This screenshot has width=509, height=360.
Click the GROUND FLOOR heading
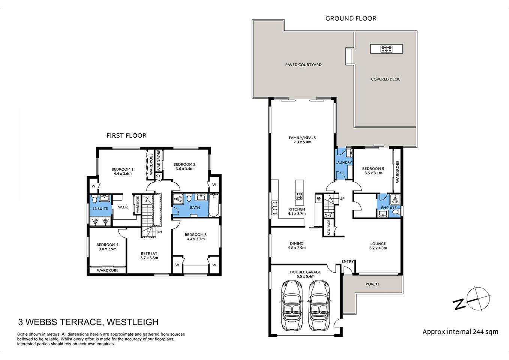[x=350, y=18]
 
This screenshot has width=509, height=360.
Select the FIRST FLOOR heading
[x=126, y=135]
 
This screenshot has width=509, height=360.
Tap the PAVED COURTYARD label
[x=303, y=65]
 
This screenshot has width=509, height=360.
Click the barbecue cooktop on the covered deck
[x=386, y=49]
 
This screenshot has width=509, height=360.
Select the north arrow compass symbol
[x=472, y=299]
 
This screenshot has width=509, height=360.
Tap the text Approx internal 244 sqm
[x=460, y=331]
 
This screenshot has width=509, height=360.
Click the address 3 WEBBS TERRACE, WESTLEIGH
[x=88, y=322]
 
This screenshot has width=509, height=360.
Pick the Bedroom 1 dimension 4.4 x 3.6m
[x=123, y=174]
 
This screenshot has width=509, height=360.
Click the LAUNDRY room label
[x=344, y=163]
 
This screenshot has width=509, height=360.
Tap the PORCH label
[x=372, y=284]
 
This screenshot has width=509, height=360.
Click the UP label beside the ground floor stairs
[x=342, y=199]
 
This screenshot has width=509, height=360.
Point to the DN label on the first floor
[x=159, y=232]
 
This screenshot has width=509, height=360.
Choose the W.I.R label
[x=123, y=207]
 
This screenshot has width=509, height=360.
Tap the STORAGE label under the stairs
[x=329, y=228]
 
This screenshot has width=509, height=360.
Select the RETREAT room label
[x=149, y=253]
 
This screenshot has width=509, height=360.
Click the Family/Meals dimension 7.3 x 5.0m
[x=302, y=142]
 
